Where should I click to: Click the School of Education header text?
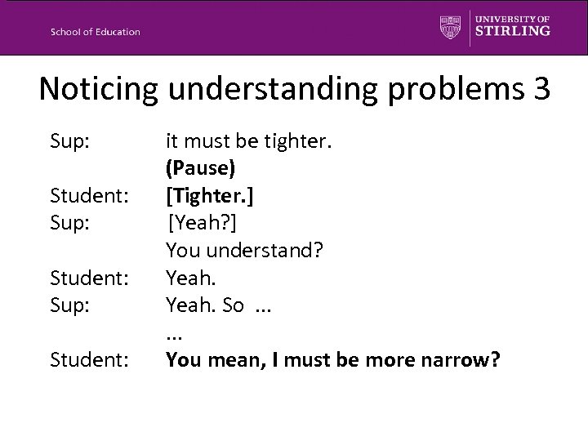(x=95, y=32)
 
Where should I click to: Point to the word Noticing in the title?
(x=97, y=90)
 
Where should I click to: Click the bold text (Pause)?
(x=201, y=168)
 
